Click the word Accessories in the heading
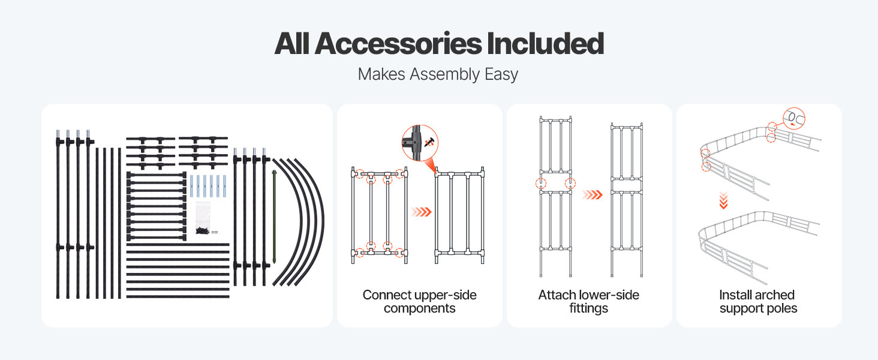[x=398, y=43]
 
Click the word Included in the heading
[x=545, y=43]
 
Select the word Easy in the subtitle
[x=501, y=74]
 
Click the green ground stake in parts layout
[x=275, y=217]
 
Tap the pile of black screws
[x=202, y=231]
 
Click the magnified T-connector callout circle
[x=420, y=143]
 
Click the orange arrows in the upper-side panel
[x=421, y=212]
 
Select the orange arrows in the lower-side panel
[x=593, y=195]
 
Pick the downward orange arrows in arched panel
[x=723, y=200]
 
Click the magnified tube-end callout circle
[x=793, y=118]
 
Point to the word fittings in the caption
[x=589, y=308]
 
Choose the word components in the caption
[x=419, y=308]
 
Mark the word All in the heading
[x=291, y=43]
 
